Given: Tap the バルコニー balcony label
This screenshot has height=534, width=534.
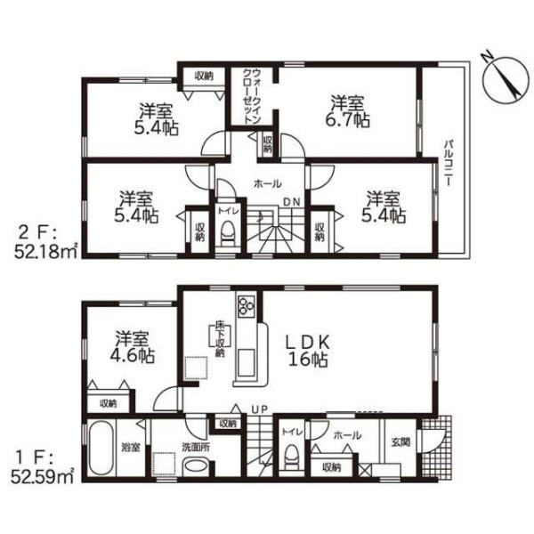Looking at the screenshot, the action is pyautogui.click(x=448, y=163).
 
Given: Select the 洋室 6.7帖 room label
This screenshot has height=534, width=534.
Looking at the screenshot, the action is pyautogui.click(x=348, y=111).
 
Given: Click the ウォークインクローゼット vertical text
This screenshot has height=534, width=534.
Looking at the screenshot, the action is pyautogui.click(x=251, y=97).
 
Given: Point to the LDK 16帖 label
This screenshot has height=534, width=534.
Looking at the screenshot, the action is pyautogui.click(x=308, y=351).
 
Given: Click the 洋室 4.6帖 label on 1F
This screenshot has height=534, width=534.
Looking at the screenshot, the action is pyautogui.click(x=132, y=347).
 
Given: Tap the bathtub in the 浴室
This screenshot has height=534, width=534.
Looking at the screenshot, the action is pyautogui.click(x=100, y=449).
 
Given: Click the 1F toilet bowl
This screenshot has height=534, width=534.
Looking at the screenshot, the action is pyautogui.click(x=291, y=458).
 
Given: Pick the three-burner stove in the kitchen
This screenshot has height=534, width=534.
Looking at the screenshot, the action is pyautogui.click(x=247, y=305).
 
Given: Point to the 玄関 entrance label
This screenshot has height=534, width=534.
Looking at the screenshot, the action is pyautogui.click(x=400, y=442).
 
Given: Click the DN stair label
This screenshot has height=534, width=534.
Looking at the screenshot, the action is pyautogui.click(x=292, y=202).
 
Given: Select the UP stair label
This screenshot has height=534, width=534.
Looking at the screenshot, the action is pyautogui.click(x=260, y=409).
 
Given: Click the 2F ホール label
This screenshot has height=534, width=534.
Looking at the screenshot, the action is pyautogui.click(x=267, y=184).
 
